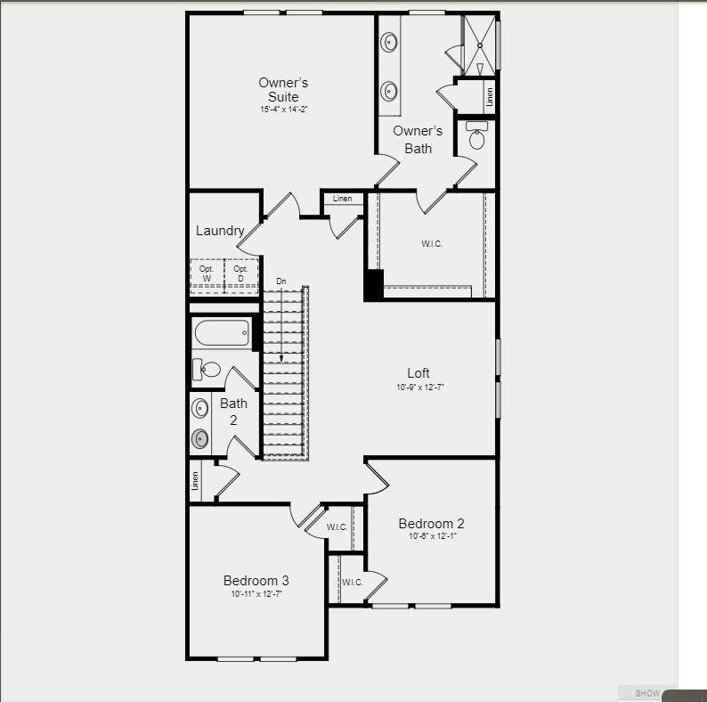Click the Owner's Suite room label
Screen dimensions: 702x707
pos(284,89)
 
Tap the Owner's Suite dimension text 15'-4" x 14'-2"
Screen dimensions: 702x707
pos(284,110)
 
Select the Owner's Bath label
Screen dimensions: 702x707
pos(418,139)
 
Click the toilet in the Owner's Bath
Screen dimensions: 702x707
pos(477,136)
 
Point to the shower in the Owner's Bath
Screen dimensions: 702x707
pos(480,44)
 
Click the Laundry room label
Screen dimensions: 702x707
pos(220,231)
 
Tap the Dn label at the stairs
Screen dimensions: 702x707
pos(281,282)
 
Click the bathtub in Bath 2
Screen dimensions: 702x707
pos(222,334)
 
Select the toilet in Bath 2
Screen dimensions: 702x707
pos(207,369)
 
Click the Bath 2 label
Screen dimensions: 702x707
pos(233,411)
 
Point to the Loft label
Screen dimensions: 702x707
pos(419,373)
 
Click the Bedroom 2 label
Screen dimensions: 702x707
pos(431,523)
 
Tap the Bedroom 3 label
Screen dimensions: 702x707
pos(256,580)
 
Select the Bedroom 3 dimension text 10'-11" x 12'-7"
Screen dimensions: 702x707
pos(256,594)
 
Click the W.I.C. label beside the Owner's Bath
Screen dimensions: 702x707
pos(432,243)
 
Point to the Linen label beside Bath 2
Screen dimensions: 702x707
pos(195,481)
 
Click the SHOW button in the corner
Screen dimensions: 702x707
pos(647,693)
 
